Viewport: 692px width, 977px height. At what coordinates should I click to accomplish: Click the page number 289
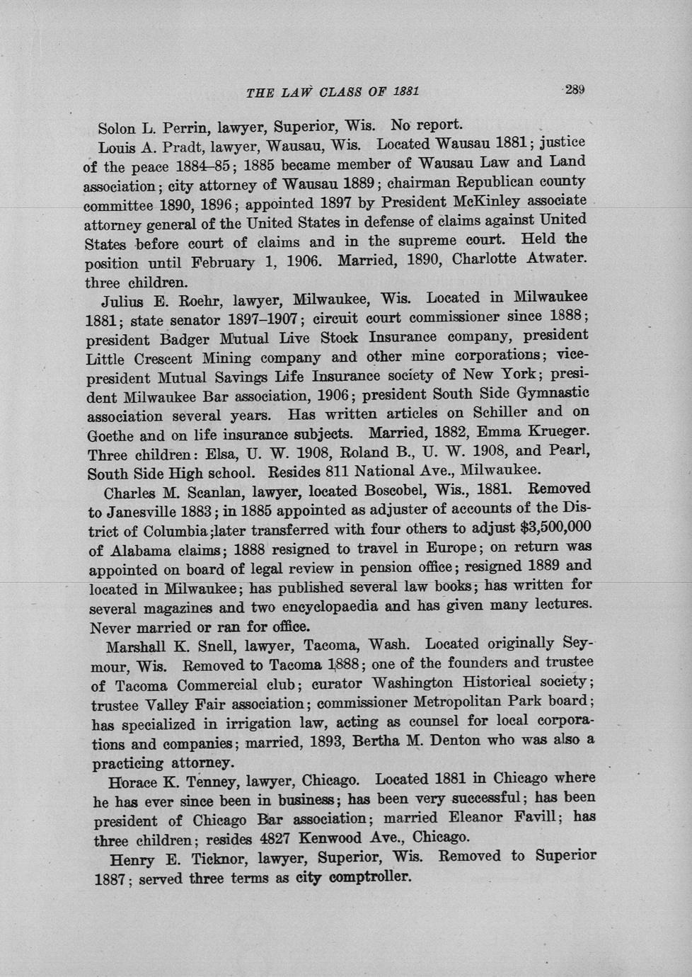(574, 90)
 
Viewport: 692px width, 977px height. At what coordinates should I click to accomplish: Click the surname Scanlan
(202, 490)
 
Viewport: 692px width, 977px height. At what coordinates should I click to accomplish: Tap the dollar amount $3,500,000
(555, 527)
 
